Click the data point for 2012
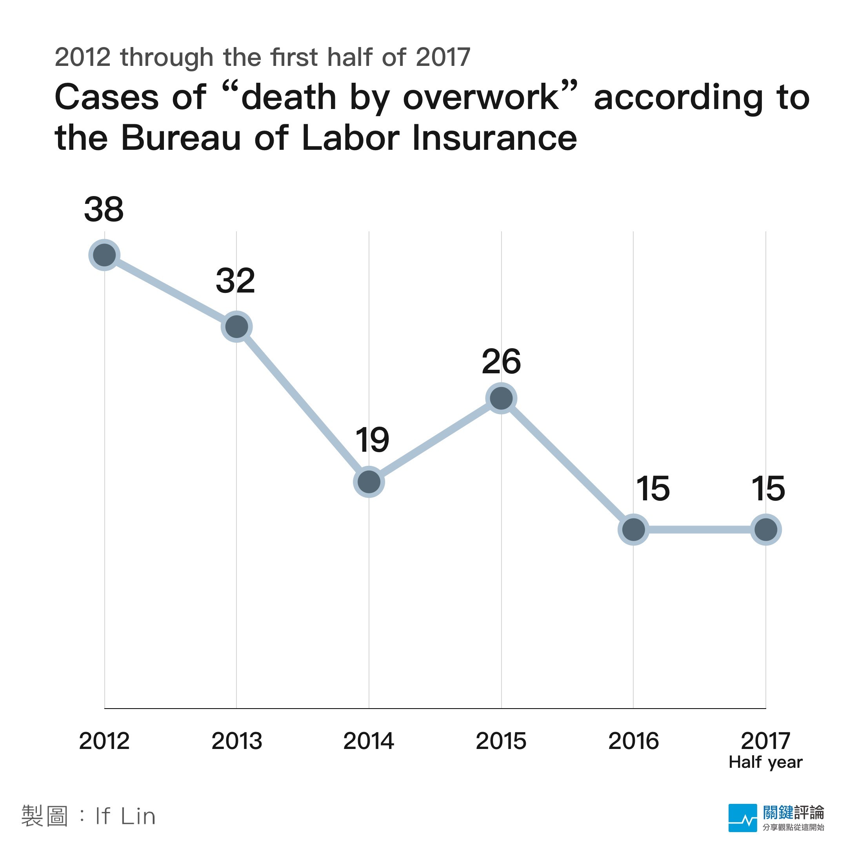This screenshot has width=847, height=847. [x=104, y=255]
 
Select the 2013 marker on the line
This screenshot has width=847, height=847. [x=237, y=327]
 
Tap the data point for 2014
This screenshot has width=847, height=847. [x=369, y=482]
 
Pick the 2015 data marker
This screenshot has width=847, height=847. [x=502, y=398]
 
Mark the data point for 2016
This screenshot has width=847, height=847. [x=634, y=530]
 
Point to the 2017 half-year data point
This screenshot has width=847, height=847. [x=766, y=530]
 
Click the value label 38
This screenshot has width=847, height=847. [x=104, y=209]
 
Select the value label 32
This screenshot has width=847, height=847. [x=235, y=281]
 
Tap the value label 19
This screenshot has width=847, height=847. [x=372, y=440]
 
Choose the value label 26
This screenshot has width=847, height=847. [x=501, y=362]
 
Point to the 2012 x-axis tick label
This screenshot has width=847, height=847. [x=104, y=741]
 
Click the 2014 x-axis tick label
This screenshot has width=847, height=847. [x=369, y=741]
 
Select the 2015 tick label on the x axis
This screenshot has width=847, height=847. [x=501, y=741]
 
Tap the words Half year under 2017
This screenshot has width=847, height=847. [x=765, y=762]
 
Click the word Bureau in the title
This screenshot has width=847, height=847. [x=181, y=138]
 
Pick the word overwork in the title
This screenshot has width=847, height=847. [x=481, y=97]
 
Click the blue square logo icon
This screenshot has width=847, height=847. [x=742, y=818]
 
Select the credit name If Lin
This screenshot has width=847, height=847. [x=125, y=816]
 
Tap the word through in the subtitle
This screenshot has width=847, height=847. [x=167, y=57]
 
